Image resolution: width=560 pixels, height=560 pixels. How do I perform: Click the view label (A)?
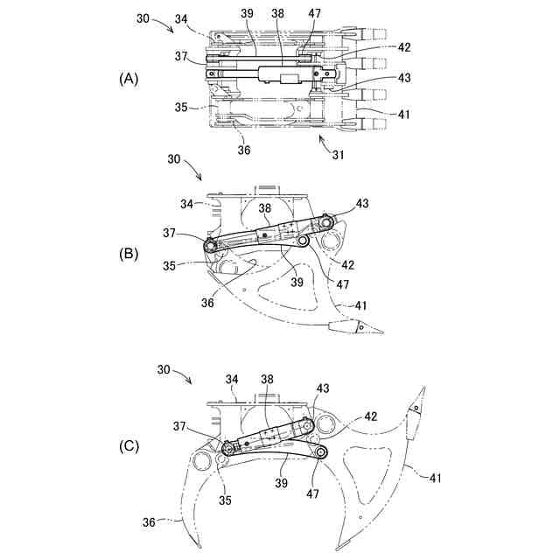pos(129,79)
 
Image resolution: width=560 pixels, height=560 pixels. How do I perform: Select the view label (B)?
pos(129,255)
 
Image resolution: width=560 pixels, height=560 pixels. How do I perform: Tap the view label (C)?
pos(129,445)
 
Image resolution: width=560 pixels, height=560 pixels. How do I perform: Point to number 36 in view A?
pos(243,150)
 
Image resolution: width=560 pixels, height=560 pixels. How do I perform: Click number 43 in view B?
pos(360,203)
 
